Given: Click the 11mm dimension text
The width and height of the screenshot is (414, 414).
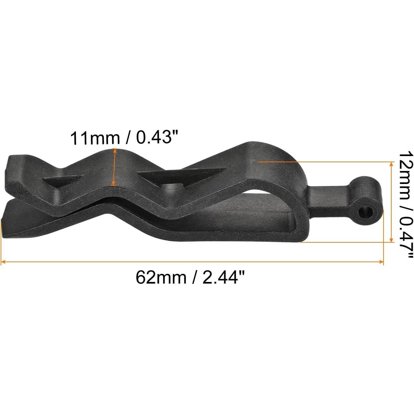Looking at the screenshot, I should tap(94, 139).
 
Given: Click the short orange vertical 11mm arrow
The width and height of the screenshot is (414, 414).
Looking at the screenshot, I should tap(114, 167).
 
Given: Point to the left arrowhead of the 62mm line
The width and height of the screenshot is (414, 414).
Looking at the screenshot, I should tap(3, 261).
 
